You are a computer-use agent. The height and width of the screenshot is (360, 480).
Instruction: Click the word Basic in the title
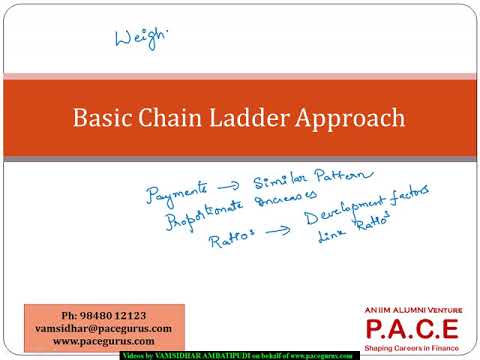pyautogui.click(x=100, y=118)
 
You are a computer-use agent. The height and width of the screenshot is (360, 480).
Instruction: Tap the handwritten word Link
pyautogui.click(x=331, y=239)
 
